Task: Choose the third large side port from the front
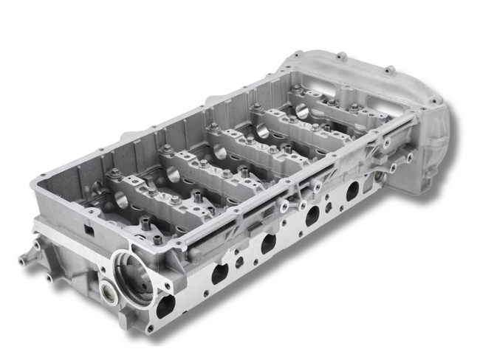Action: point(313,216)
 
